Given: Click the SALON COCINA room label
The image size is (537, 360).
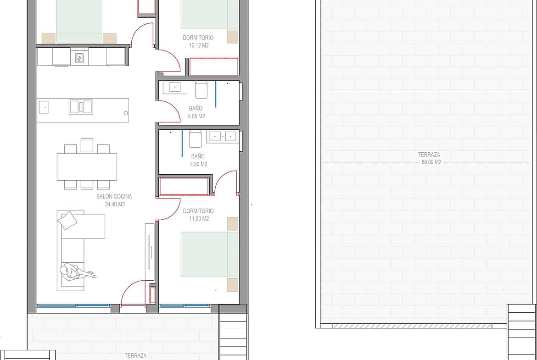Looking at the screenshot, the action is (114, 196).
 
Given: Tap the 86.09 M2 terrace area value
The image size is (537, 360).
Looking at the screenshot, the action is (431, 162).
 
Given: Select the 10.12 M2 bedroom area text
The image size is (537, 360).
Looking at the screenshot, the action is (199, 45).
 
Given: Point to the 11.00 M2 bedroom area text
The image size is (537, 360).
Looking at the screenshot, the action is (199, 218).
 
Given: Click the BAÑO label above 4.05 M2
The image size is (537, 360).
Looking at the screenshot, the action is (196, 108).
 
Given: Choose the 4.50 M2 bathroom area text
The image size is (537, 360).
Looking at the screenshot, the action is (199, 164).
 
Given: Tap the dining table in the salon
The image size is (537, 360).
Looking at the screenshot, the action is (87, 166).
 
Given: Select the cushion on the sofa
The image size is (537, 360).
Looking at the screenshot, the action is (67, 220).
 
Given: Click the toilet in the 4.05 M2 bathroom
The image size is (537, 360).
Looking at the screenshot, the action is (201, 89).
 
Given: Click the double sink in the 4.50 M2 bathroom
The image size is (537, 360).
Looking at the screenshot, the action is (223, 137).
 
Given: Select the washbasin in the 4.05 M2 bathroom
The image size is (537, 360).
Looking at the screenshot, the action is (175, 87).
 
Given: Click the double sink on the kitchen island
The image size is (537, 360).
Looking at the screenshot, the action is (81, 107).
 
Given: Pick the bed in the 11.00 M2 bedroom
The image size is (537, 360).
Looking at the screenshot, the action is (209, 255).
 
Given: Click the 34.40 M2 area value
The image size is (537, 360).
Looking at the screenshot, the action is (115, 204).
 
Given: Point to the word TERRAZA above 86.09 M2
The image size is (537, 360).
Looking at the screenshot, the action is (429, 155).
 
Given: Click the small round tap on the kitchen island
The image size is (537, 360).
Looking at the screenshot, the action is (126, 113).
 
